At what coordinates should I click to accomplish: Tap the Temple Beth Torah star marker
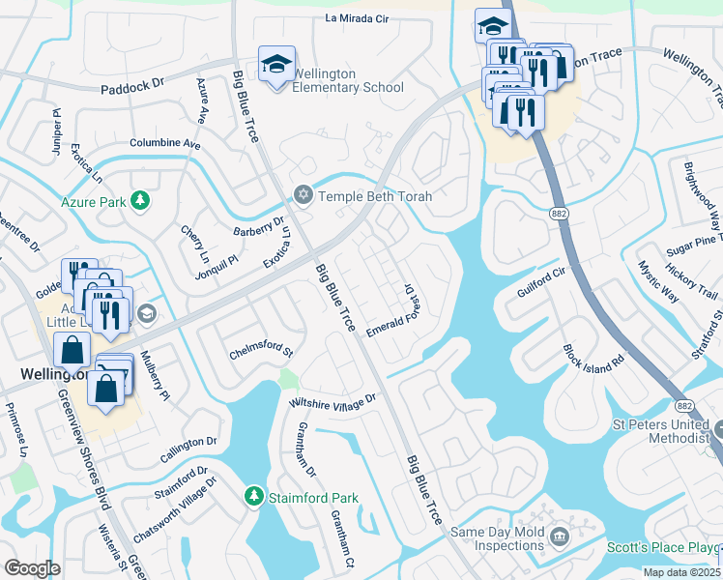pyautogui.click(x=303, y=196)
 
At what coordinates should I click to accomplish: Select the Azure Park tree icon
pyautogui.click(x=141, y=201)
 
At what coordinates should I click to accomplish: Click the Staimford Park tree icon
pyautogui.click(x=253, y=497)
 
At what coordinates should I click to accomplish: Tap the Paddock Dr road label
pyautogui.click(x=131, y=88)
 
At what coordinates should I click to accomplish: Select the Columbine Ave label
pyautogui.click(x=164, y=143)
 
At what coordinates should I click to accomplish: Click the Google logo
pyautogui.click(x=32, y=567)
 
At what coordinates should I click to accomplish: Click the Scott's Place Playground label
pyautogui.click(x=663, y=547)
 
